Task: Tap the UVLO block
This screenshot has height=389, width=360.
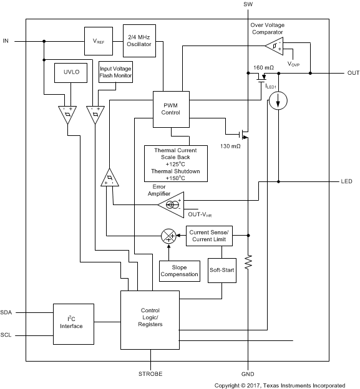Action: click(67, 75)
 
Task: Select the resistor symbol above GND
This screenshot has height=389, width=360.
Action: click(249, 262)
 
